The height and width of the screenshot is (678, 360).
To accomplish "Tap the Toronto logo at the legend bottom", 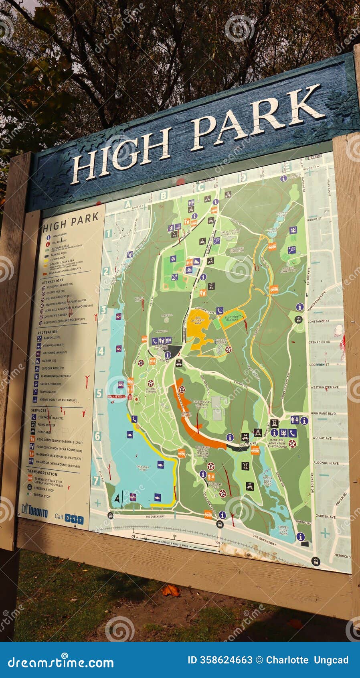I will [x=34, y=510].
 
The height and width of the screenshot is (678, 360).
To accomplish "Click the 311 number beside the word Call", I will [x=74, y=519].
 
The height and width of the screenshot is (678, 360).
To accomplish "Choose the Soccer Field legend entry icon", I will [x=36, y=384].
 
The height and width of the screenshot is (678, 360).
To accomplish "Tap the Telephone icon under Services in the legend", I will [x=34, y=417].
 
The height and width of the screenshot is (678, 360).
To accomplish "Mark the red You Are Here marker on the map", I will [x=117, y=396].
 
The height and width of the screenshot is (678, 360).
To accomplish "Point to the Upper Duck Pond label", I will [x=268, y=481].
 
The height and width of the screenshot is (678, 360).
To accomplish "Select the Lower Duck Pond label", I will [x=283, y=530].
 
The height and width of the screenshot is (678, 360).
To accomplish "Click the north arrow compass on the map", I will [x=117, y=499].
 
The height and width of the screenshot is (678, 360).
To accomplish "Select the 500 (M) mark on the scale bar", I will [x=216, y=543].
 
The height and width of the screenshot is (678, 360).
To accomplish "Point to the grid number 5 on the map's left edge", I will [x=99, y=393].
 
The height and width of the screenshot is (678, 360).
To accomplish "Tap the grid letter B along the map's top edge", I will [x=163, y=195].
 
